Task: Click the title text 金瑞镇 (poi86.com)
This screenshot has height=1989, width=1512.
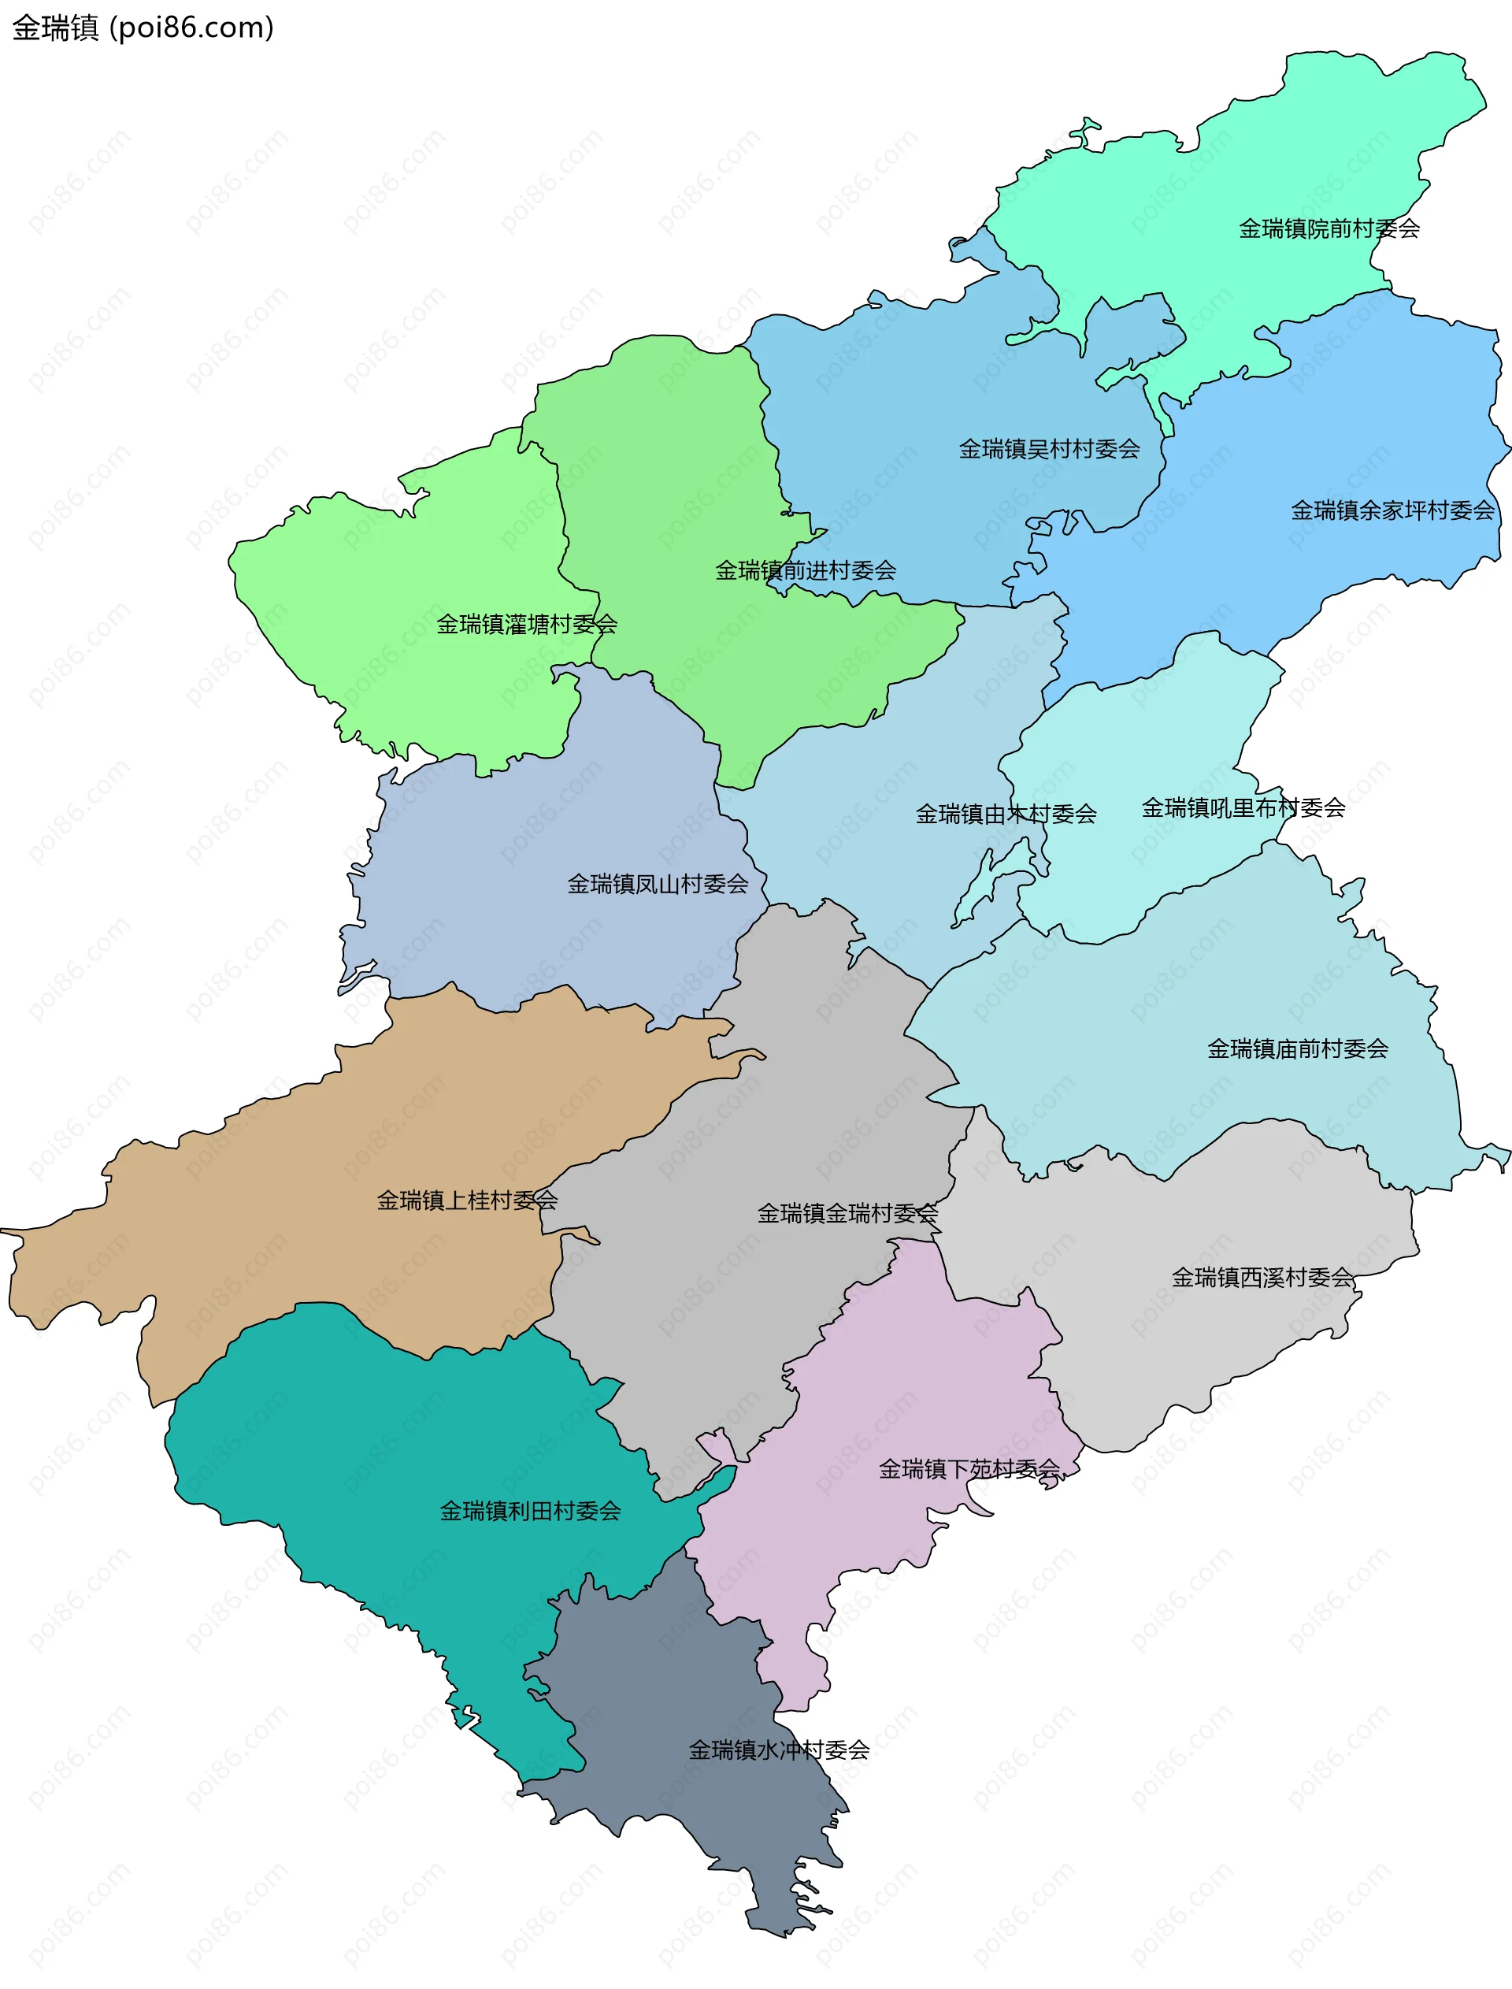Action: coord(143,28)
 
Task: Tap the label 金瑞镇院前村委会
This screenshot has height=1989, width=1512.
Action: coord(1329,229)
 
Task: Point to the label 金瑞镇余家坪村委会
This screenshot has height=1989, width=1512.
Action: coord(1392,511)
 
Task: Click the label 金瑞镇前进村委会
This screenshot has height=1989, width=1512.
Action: coord(805,570)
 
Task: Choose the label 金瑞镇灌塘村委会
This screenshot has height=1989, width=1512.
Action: coord(527,625)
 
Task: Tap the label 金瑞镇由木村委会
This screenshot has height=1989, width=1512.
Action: coord(1006,815)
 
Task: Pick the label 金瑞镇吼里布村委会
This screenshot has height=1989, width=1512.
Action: coord(1243,808)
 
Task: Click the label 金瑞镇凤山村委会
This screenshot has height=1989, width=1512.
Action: coord(657,885)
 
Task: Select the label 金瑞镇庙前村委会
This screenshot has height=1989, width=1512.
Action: coord(1297,1049)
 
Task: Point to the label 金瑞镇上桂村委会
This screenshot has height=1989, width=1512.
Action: coord(466,1200)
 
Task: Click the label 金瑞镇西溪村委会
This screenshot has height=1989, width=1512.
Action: coord(1262,1278)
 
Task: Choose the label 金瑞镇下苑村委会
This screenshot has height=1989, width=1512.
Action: coord(969,1470)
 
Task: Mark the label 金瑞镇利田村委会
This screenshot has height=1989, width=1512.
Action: coord(529,1511)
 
